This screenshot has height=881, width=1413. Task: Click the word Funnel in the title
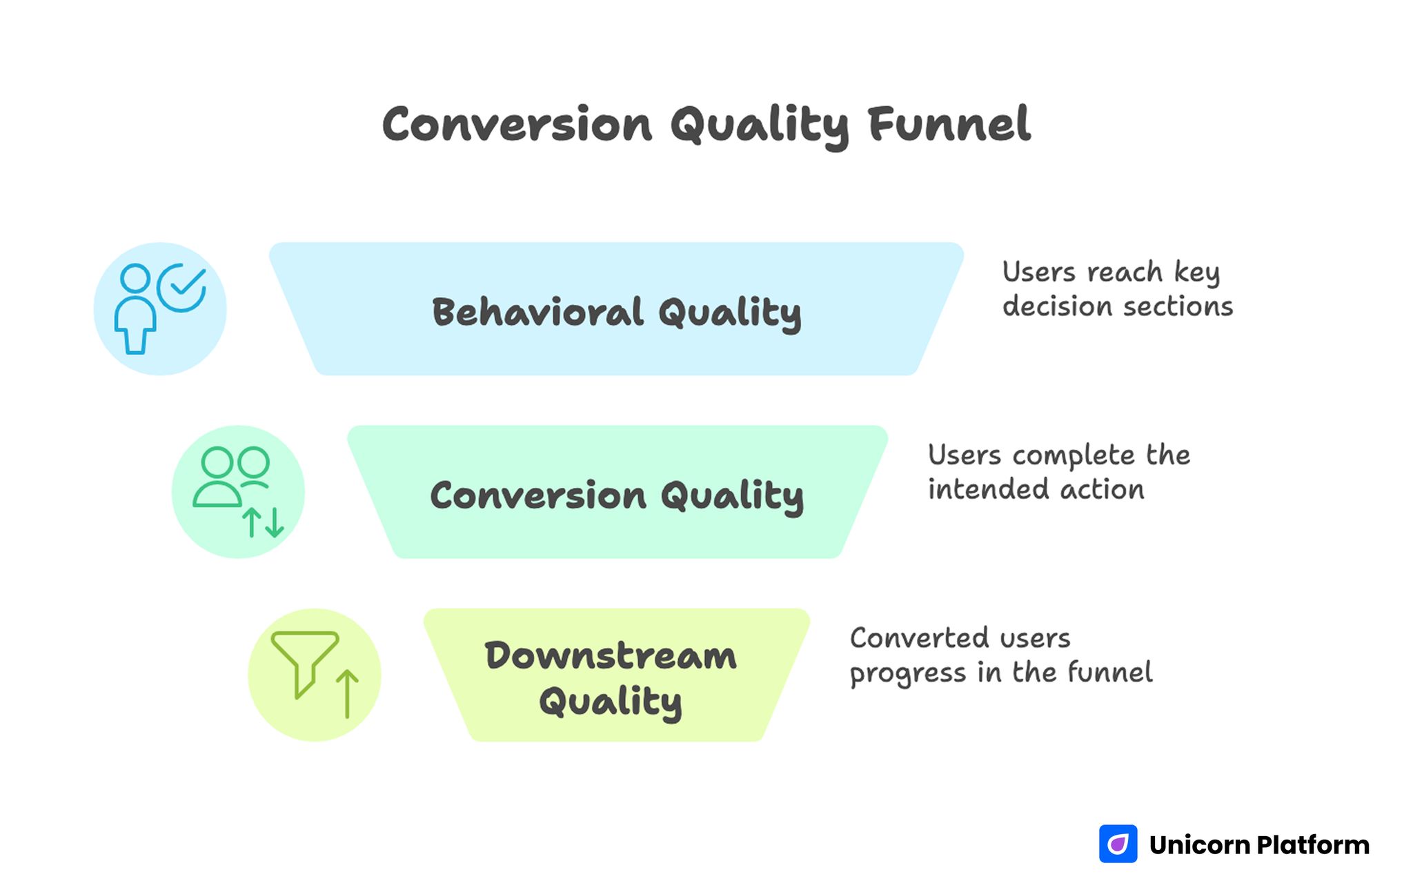pyautogui.click(x=949, y=125)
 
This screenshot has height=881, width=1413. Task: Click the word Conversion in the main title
pyautogui.click(x=517, y=125)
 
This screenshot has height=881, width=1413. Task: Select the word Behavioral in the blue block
pyautogui.click(x=537, y=312)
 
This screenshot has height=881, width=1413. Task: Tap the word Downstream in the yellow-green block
pyautogui.click(x=611, y=655)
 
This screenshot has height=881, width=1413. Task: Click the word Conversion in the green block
pyautogui.click(x=537, y=495)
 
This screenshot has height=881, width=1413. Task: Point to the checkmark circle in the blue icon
pyautogui.click(x=181, y=287)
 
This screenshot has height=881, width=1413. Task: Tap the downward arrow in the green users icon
pyautogui.click(x=275, y=522)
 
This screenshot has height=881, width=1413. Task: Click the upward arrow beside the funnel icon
pyautogui.click(x=347, y=693)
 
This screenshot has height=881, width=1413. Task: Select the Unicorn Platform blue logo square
pyautogui.click(x=1118, y=844)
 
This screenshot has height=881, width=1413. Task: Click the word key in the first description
pyautogui.click(x=1197, y=273)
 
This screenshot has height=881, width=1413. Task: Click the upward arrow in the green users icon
pyautogui.click(x=252, y=522)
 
